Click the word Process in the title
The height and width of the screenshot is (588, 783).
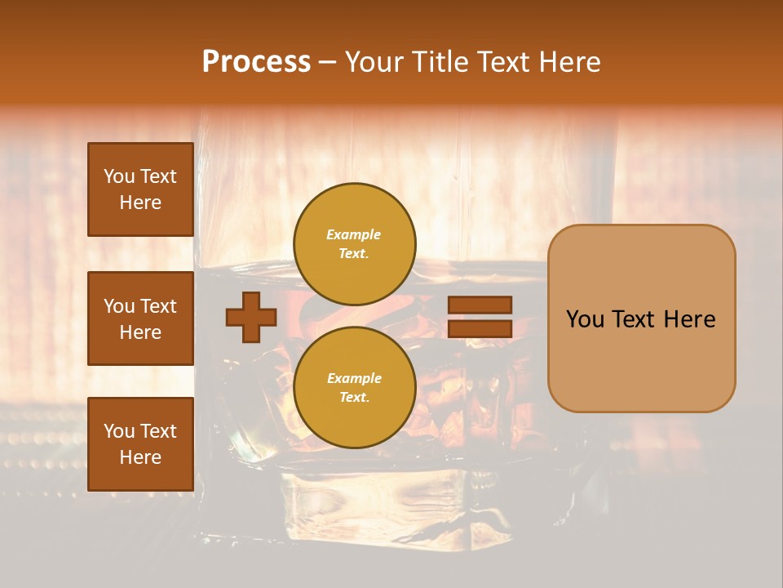pyautogui.click(x=256, y=62)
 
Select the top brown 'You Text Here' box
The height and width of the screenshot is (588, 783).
pyautogui.click(x=140, y=189)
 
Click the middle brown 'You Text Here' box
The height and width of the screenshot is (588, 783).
pyautogui.click(x=140, y=318)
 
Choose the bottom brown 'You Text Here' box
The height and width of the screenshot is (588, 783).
pyautogui.click(x=140, y=444)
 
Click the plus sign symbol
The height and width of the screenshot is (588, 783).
pyautogui.click(x=251, y=317)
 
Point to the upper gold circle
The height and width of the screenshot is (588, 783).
pyautogui.click(x=355, y=243)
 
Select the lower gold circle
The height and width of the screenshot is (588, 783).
pyautogui.click(x=355, y=387)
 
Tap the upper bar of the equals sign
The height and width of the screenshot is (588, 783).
pyautogui.click(x=480, y=305)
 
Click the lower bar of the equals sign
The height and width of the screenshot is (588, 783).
pyautogui.click(x=480, y=328)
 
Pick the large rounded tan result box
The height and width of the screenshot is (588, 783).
pyautogui.click(x=641, y=318)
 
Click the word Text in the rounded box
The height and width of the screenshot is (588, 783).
pyautogui.click(x=638, y=319)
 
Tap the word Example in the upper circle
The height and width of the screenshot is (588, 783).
pyautogui.click(x=353, y=234)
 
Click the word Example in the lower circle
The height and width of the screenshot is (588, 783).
pyautogui.click(x=354, y=378)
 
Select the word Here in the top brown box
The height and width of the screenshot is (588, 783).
pyautogui.click(x=140, y=203)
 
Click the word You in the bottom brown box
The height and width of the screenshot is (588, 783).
pyautogui.click(x=119, y=431)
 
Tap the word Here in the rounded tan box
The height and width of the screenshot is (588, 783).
pyautogui.click(x=692, y=319)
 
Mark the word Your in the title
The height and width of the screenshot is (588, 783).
pyautogui.click(x=375, y=62)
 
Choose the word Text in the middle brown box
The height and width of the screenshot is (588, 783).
pyautogui.click(x=158, y=306)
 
